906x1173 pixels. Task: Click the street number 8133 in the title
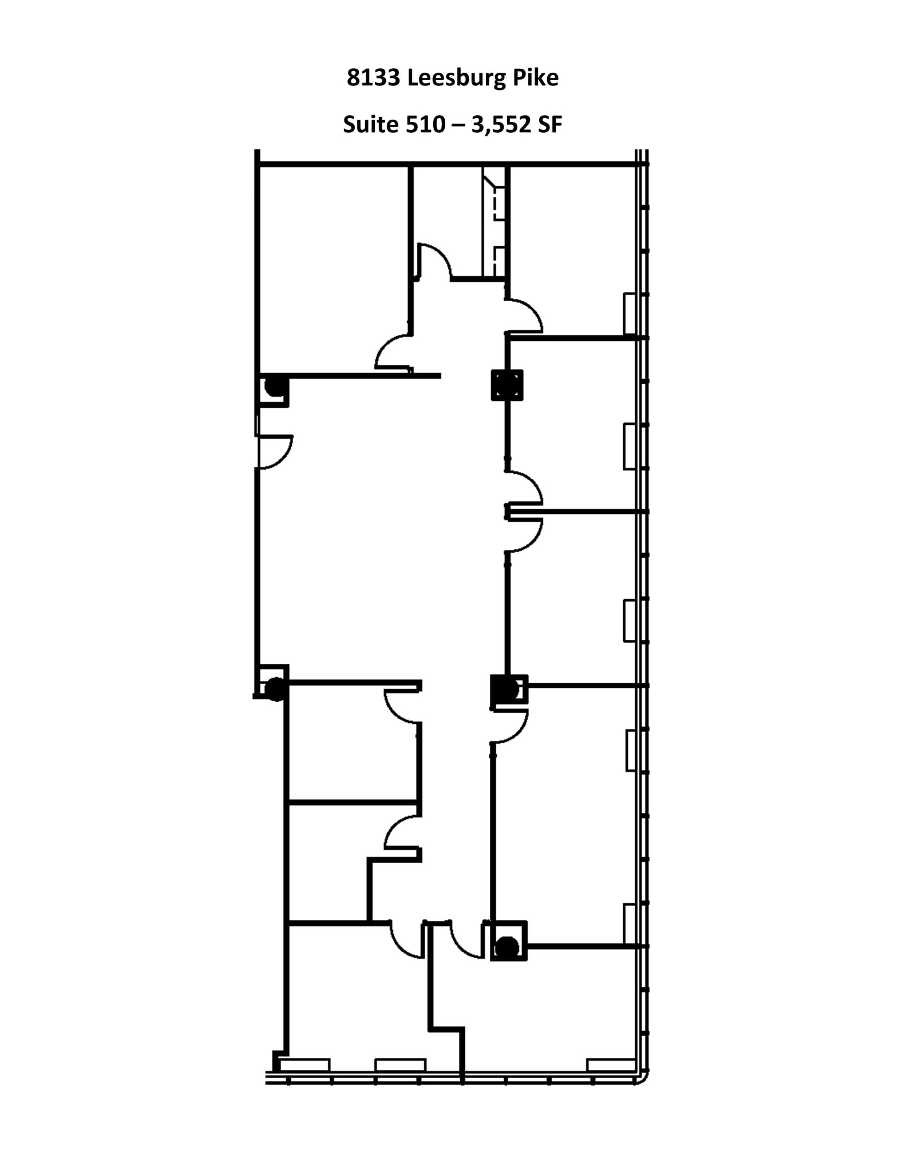[373, 78]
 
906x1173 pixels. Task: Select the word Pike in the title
[535, 78]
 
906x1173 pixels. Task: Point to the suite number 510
[425, 124]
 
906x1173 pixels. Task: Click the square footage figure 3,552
[499, 124]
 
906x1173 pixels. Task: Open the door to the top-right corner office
[524, 316]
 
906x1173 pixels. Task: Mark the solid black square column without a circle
[507, 385]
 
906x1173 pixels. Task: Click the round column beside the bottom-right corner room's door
[507, 947]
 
